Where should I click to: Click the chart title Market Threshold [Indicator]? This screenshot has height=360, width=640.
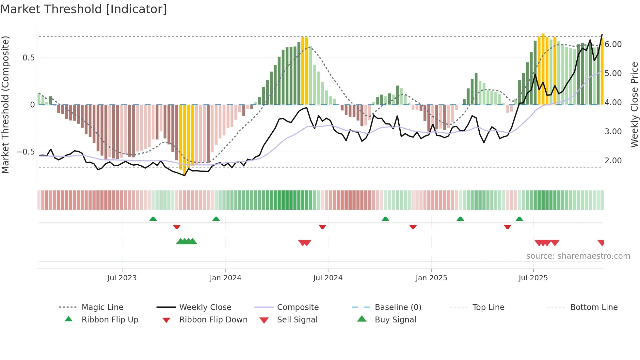[x=84, y=9]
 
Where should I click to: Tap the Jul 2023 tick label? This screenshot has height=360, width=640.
[x=122, y=278]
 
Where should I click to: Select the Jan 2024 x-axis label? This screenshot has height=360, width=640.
[x=225, y=278]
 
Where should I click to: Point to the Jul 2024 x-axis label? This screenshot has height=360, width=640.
[x=328, y=278]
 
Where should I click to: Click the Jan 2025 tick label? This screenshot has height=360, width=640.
[x=431, y=278]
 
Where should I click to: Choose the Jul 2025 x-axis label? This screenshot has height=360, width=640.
[x=533, y=278]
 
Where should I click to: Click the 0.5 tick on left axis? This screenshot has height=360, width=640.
[x=28, y=58]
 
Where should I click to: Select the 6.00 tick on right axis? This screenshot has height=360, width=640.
[x=613, y=44]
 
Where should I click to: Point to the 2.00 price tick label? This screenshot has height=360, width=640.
[x=613, y=161]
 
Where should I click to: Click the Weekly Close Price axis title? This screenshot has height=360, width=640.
[x=634, y=105]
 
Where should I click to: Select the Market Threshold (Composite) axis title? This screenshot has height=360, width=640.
[x=5, y=105]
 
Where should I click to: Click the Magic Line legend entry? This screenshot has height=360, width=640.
[x=102, y=307]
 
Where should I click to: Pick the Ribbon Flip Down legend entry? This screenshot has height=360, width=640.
[x=213, y=320]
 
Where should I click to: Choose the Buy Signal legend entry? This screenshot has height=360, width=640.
[x=395, y=320]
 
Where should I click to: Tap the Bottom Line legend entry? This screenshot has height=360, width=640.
[x=594, y=307]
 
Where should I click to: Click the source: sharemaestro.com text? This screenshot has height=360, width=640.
[x=578, y=256]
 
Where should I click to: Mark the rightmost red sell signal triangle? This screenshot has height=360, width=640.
[x=601, y=242]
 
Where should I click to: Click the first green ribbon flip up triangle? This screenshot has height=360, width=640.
[x=153, y=219]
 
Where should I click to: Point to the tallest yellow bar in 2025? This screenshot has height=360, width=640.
[x=543, y=69]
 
